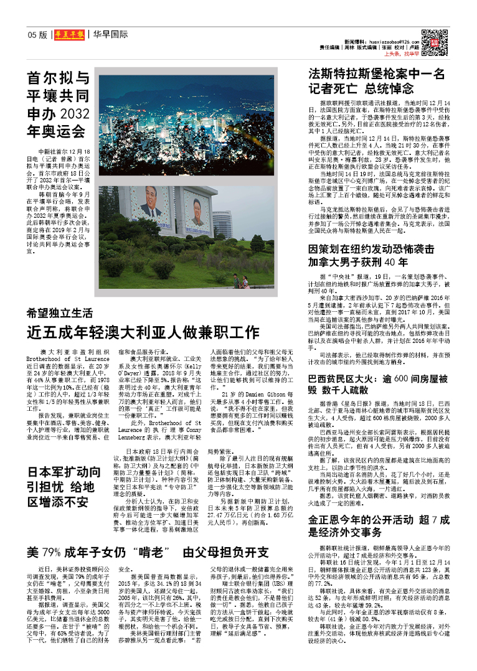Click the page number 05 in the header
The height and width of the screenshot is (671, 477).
click(x=32, y=35)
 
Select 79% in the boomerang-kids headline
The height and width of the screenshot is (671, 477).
click(x=53, y=551)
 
